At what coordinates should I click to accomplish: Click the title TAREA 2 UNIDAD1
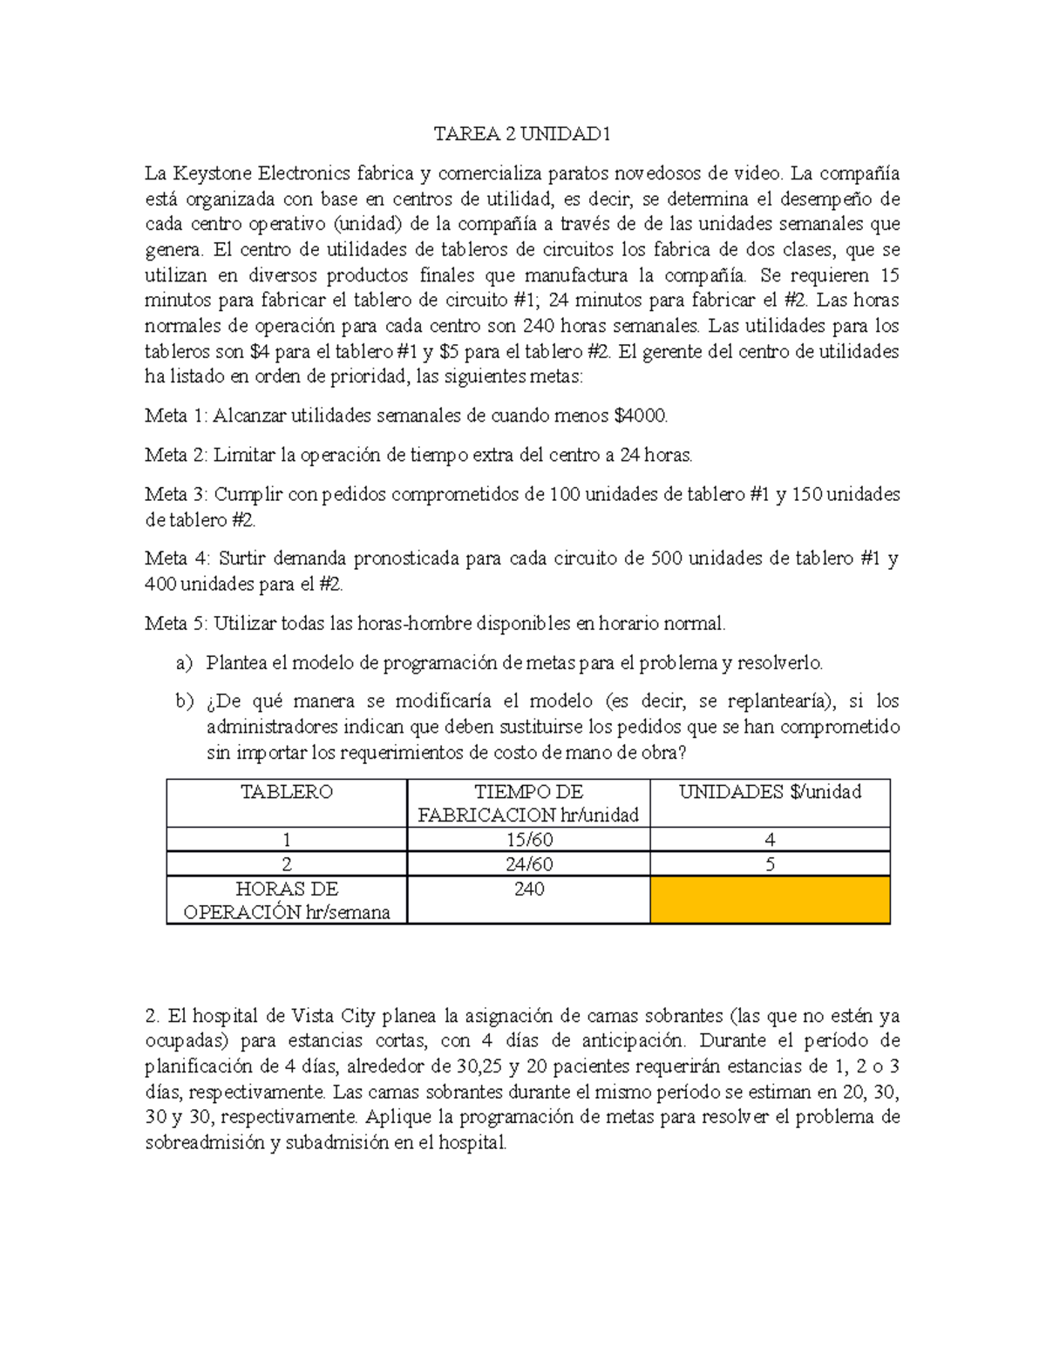(x=522, y=134)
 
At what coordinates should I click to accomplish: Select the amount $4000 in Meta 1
(x=641, y=416)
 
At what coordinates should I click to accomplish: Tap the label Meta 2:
(x=176, y=455)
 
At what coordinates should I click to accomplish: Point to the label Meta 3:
(x=176, y=494)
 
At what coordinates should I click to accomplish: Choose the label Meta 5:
(x=176, y=624)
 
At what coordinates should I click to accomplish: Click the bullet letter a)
(x=184, y=663)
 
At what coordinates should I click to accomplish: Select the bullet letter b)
(x=184, y=701)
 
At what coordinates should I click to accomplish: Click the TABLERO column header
(x=286, y=792)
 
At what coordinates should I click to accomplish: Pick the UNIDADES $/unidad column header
(x=770, y=792)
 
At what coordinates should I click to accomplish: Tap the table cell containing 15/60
(x=528, y=840)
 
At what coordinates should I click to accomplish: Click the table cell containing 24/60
(x=528, y=864)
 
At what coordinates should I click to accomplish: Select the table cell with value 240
(x=528, y=890)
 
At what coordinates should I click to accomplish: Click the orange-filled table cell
(x=770, y=900)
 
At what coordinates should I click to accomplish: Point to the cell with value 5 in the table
(x=770, y=864)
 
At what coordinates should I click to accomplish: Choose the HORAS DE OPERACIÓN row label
(x=286, y=901)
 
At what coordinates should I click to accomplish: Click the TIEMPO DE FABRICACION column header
(x=528, y=803)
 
